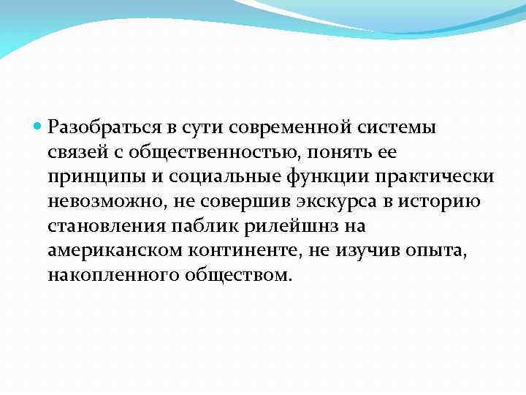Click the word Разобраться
[x=101, y=128]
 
